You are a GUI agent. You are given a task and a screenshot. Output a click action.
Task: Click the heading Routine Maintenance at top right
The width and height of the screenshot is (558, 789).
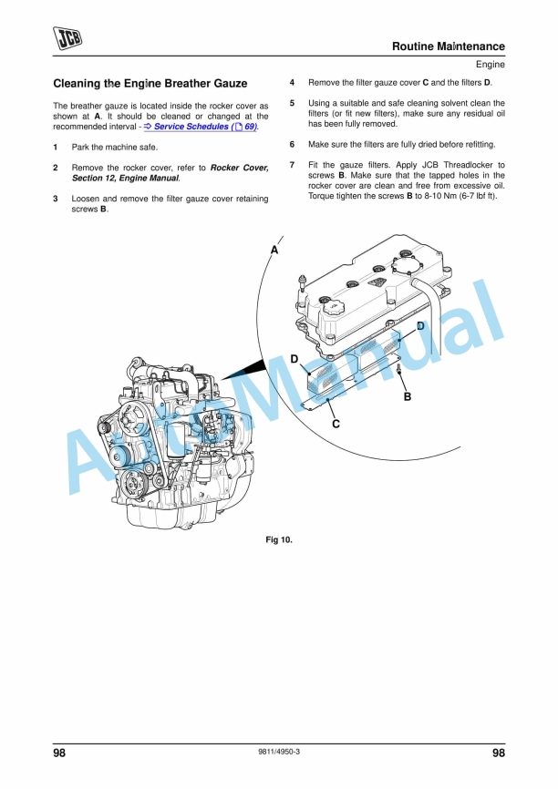(x=448, y=46)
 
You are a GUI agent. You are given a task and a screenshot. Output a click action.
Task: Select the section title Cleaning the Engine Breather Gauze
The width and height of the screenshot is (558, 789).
(x=150, y=84)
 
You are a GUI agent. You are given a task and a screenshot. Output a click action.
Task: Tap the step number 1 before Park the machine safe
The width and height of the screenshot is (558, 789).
(x=56, y=148)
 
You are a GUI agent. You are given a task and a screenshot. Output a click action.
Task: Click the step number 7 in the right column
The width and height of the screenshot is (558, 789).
(x=292, y=165)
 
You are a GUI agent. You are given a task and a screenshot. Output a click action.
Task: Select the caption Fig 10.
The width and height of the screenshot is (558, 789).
(x=278, y=540)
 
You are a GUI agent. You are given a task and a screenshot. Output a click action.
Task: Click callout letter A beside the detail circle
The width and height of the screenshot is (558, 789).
(x=274, y=250)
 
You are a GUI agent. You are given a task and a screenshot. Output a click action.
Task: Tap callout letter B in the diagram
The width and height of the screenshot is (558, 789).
(x=407, y=396)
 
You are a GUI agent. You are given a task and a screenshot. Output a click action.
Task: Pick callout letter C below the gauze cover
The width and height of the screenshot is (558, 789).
(x=336, y=424)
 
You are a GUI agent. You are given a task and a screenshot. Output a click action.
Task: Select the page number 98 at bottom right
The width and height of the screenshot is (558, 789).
(x=497, y=753)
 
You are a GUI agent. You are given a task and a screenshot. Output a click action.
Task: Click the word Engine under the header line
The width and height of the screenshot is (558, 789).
(x=490, y=64)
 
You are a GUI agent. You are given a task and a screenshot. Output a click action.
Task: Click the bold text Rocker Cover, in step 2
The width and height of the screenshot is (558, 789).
(x=239, y=169)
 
